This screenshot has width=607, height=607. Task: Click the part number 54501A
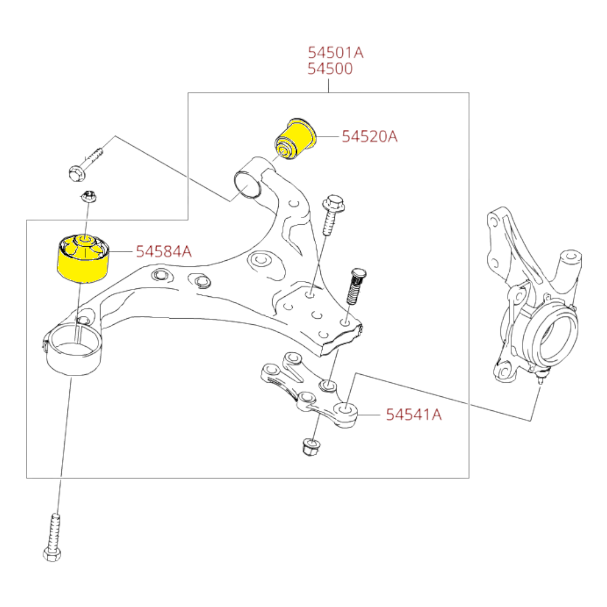[x=336, y=52]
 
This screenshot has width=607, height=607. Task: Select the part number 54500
[x=330, y=69]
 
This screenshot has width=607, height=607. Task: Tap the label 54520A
[x=369, y=136]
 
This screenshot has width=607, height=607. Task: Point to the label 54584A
[x=164, y=252]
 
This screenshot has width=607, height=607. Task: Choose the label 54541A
[x=414, y=415]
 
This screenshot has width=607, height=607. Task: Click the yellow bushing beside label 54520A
[x=296, y=139]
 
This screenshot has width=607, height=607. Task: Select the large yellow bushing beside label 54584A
[x=83, y=258]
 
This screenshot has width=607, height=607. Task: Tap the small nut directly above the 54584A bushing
[x=89, y=197]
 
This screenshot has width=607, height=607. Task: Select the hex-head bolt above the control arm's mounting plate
[x=332, y=215]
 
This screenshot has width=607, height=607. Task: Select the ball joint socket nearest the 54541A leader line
[x=345, y=410]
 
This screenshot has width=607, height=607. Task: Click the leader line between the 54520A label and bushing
[x=328, y=137]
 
